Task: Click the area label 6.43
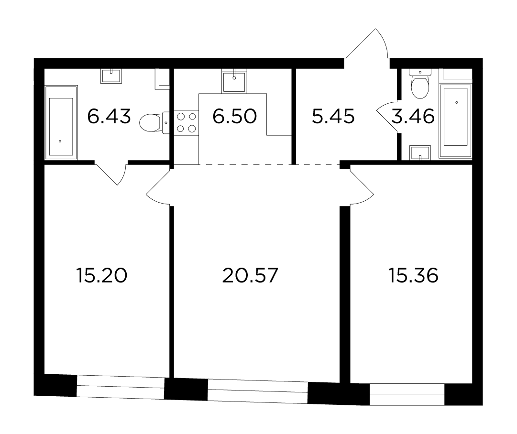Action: pos(109,116)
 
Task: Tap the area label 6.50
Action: pos(234,116)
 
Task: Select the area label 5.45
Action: pos(333,116)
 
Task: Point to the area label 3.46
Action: pos(413,116)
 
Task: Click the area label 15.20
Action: pos(101,275)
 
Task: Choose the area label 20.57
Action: pos(250,275)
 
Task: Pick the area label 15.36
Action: pos(414,275)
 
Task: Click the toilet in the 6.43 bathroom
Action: pos(154,122)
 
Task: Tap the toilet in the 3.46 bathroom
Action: pos(420,84)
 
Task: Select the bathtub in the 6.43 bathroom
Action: pos(61,122)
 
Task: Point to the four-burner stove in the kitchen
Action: pos(187,122)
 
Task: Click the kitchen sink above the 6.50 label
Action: pos(234,81)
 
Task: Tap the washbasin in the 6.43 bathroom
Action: pos(111,76)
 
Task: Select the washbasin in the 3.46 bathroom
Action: pos(420,153)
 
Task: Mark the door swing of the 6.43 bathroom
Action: pos(111,174)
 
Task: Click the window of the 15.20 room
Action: pos(121,387)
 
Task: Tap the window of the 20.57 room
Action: pos(258,391)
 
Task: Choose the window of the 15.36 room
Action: pos(407,394)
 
